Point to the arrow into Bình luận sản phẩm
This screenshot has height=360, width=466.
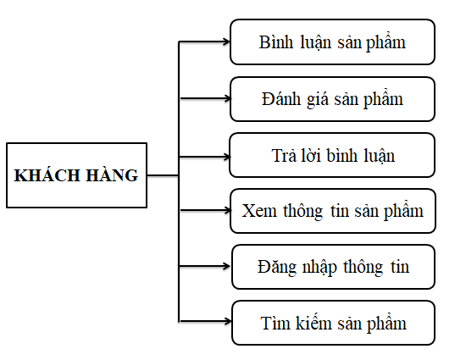click(x=204, y=42)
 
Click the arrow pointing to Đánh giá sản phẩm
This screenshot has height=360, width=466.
click(x=205, y=98)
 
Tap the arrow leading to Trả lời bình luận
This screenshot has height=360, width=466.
click(x=205, y=157)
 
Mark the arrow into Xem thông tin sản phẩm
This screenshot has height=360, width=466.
click(x=205, y=210)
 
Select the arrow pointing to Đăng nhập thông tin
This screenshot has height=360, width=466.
click(x=204, y=266)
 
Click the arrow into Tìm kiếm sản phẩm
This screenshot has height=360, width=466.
click(x=206, y=321)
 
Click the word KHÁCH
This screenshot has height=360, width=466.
click(x=47, y=174)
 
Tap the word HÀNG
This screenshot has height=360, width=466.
click(x=112, y=174)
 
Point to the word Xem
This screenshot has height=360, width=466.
click(x=259, y=211)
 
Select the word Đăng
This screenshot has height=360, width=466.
click(x=277, y=267)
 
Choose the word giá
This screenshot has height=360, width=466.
click(x=318, y=99)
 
